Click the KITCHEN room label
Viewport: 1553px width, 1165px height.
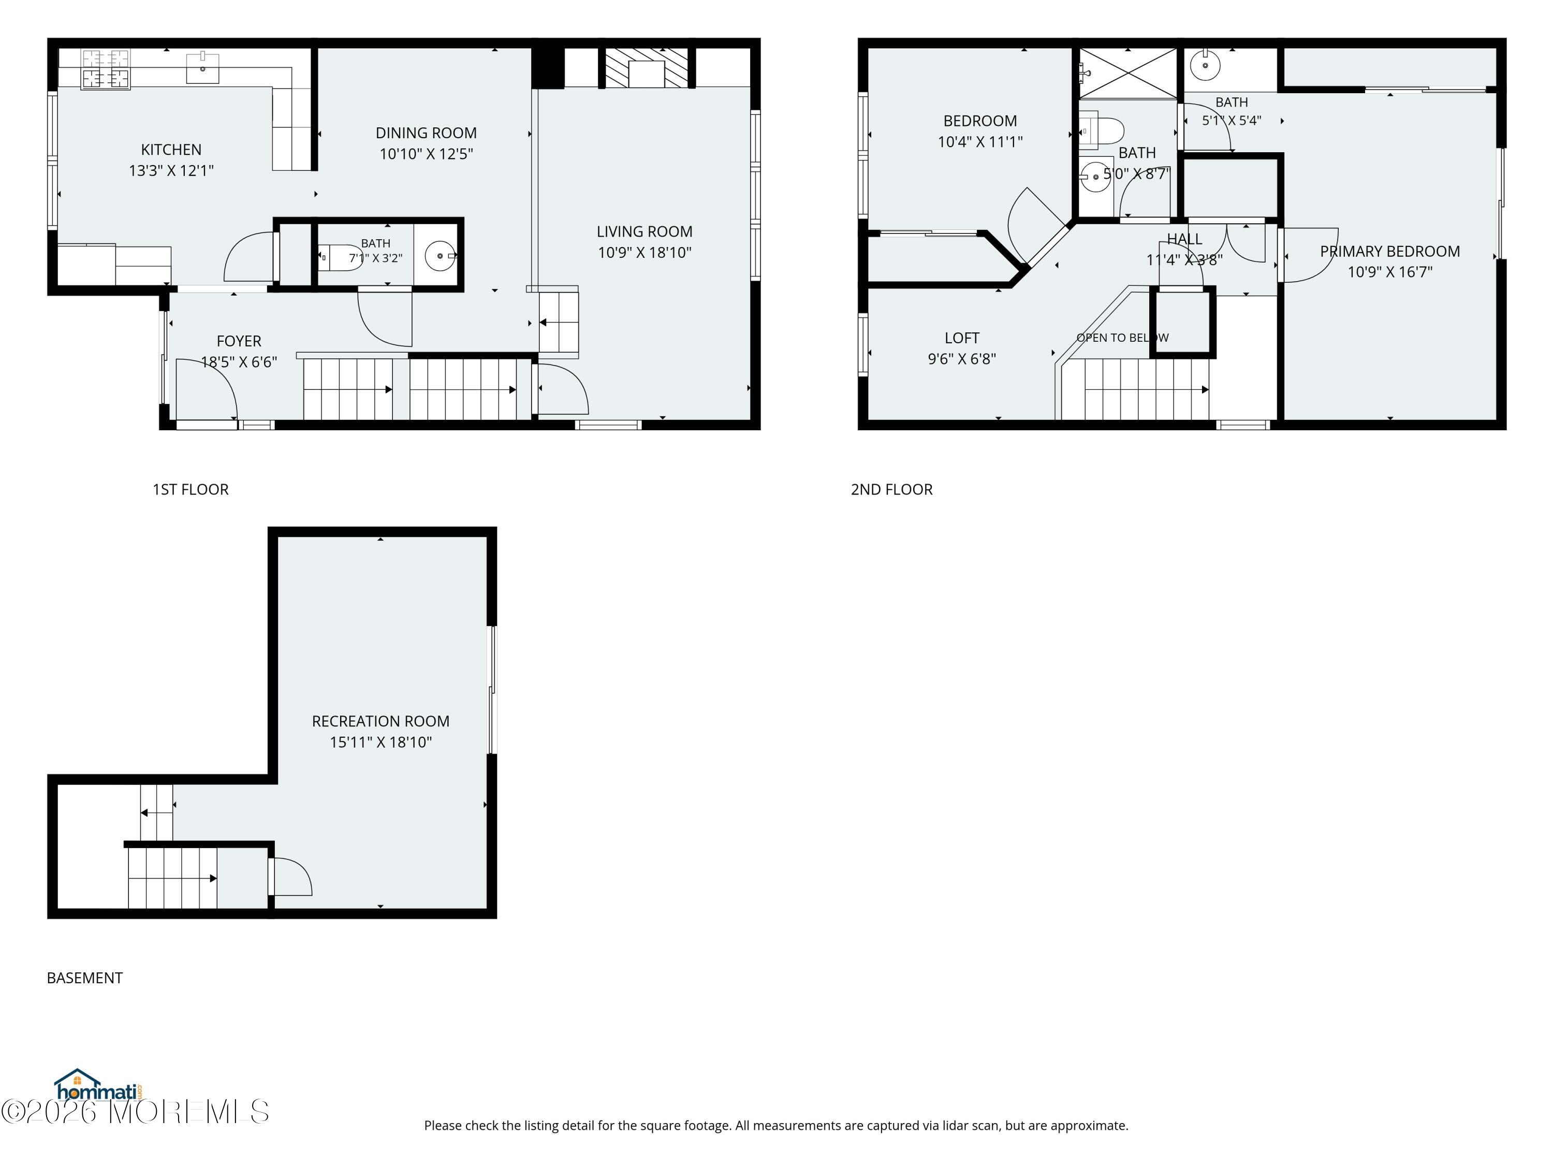pos(171,150)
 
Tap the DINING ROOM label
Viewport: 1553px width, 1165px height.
pos(426,133)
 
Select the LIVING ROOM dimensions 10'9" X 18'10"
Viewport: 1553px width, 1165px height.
pos(644,253)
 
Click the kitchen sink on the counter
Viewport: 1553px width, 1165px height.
pos(203,67)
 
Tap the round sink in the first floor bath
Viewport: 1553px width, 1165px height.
pos(440,256)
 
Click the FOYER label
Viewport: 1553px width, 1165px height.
pos(239,341)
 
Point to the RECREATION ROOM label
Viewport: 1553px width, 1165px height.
pos(380,721)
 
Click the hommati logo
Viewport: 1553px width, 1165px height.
pos(99,1086)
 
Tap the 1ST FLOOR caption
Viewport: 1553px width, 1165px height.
pos(191,489)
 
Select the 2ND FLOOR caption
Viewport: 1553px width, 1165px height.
pos(891,489)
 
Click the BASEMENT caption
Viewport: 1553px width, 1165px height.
pos(85,978)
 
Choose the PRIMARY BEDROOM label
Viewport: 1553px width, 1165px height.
pos(1389,252)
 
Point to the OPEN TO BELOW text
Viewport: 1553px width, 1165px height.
pos(1123,338)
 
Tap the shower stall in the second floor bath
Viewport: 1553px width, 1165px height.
pos(1127,73)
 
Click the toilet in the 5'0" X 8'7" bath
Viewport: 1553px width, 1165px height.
pos(1101,130)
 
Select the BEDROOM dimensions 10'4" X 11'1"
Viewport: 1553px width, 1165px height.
pos(980,142)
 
